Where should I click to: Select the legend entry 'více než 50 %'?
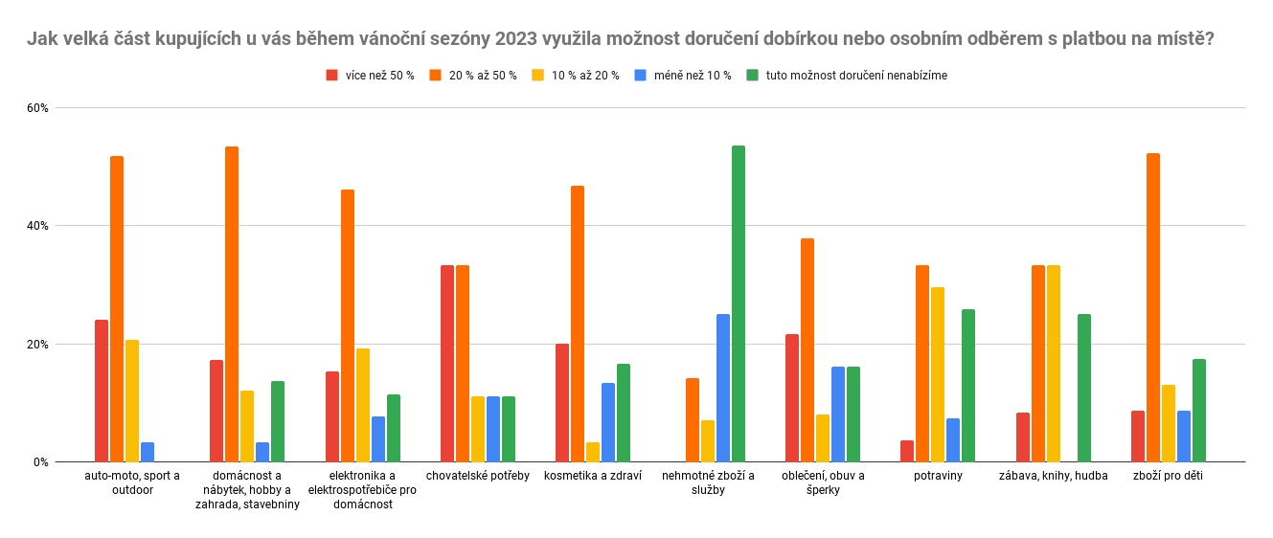coord(379,76)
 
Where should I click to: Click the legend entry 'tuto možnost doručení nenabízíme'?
coord(856,76)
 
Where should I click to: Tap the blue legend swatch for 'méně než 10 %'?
coord(640,76)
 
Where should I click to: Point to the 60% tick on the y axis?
coord(37,108)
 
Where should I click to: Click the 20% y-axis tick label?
coord(37,345)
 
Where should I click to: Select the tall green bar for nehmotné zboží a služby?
coord(739,303)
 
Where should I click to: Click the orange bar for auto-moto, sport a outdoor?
coord(117,308)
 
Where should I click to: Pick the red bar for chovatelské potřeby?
coord(447,364)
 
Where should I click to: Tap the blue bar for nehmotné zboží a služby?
coord(723,388)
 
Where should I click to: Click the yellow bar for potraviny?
coord(938,374)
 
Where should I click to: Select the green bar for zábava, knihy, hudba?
coord(1084,388)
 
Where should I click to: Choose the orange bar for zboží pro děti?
coord(1153,307)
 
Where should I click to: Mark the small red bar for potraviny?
coord(907,451)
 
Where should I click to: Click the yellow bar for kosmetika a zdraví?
coord(593,452)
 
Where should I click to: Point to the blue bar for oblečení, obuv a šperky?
coord(838,414)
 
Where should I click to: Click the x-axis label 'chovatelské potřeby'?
coord(477,476)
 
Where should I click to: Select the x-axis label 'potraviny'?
coord(938,476)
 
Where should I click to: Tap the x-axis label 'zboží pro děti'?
coord(1168,476)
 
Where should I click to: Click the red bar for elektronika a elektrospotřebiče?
coord(332,416)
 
